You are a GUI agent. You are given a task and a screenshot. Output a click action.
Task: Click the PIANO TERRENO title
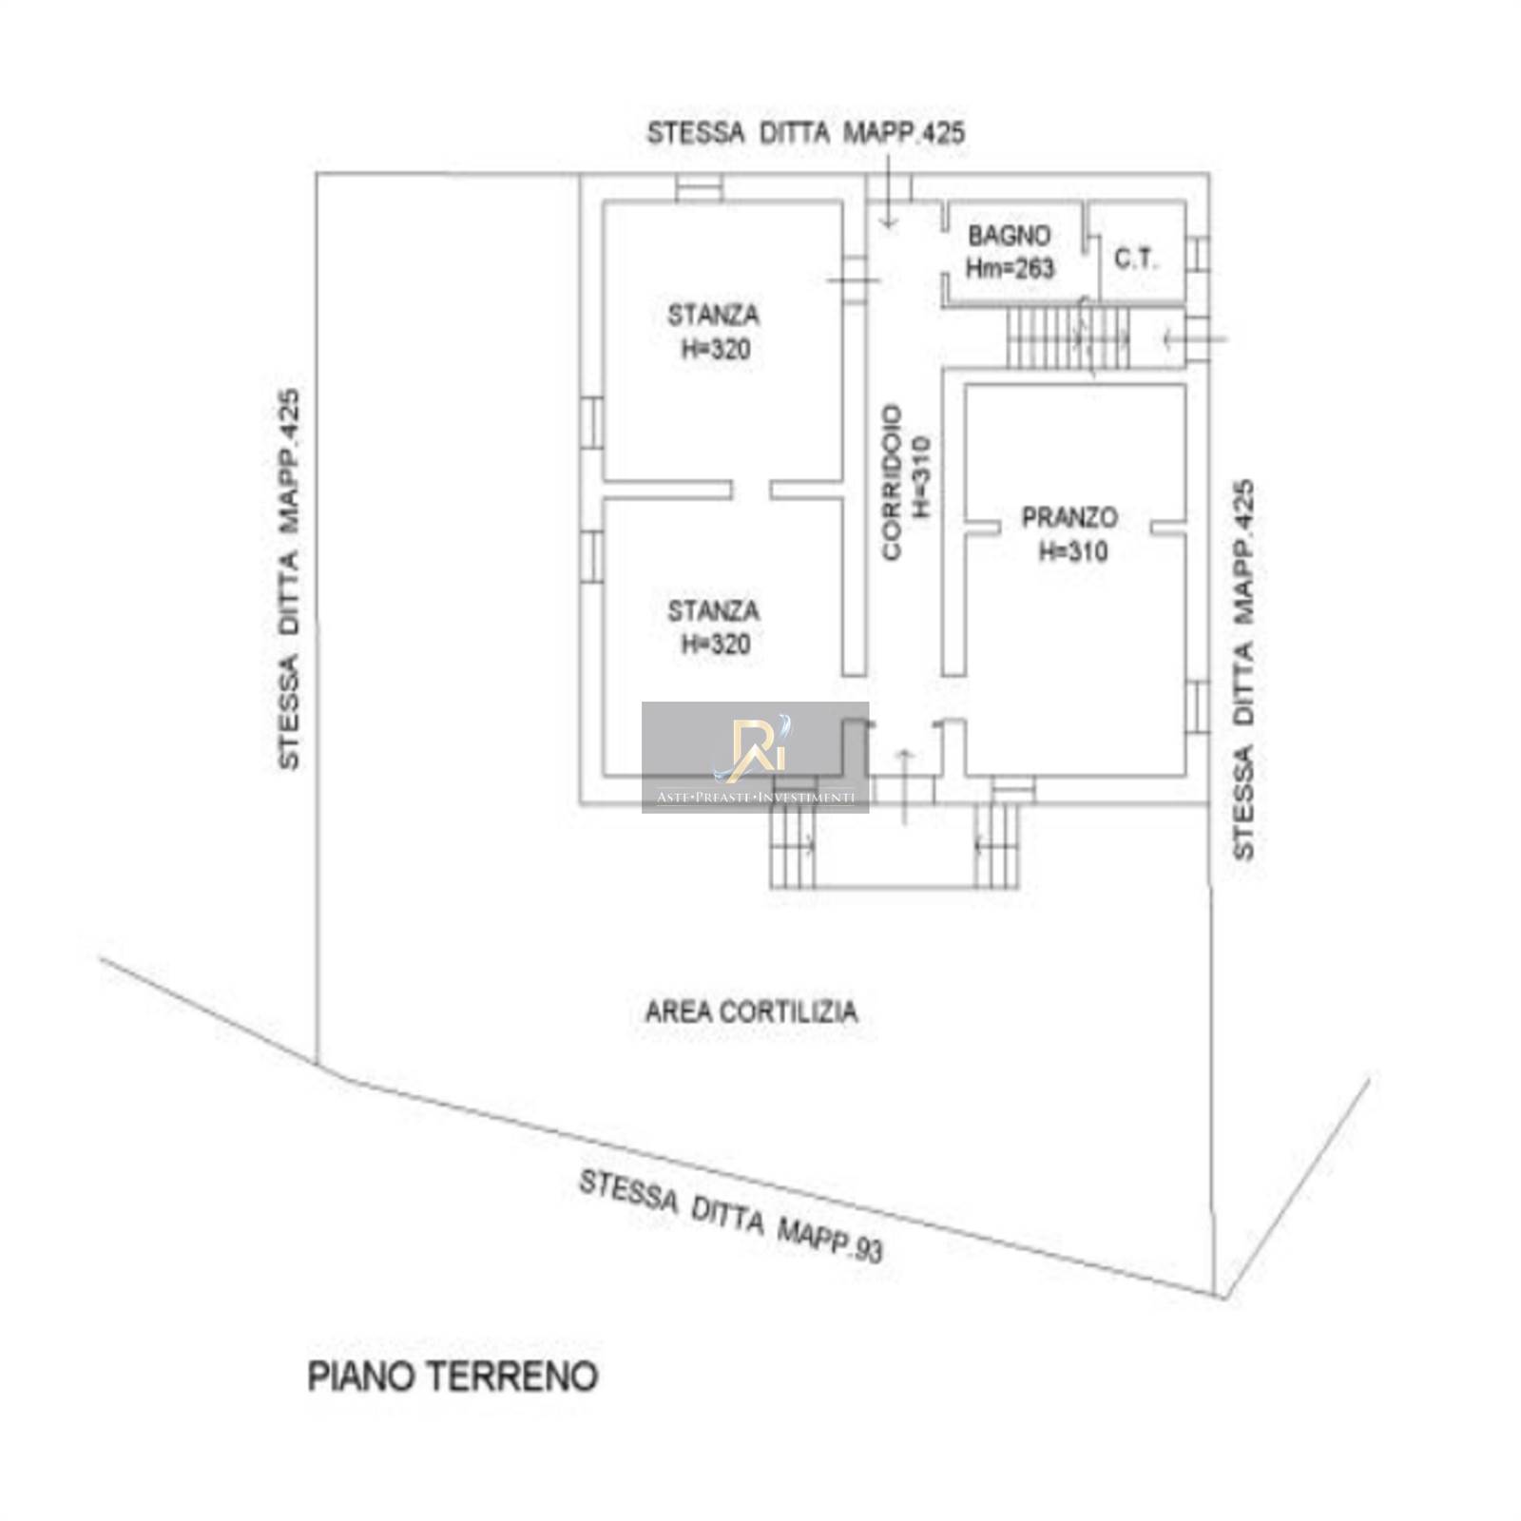[x=452, y=1377]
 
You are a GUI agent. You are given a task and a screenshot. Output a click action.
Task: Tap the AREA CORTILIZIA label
[x=751, y=1011]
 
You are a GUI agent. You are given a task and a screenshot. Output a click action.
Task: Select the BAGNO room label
[x=1010, y=235]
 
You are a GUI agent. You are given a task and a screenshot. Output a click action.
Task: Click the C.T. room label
[x=1137, y=259]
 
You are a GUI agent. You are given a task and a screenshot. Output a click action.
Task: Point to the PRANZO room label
[x=1069, y=518]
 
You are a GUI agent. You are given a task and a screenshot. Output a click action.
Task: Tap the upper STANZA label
[x=713, y=315]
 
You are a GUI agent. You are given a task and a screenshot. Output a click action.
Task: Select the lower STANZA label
[x=713, y=610]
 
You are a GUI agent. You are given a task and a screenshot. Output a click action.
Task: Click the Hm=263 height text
[x=1010, y=268]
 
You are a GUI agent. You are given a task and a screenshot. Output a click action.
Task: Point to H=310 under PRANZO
[x=1072, y=551]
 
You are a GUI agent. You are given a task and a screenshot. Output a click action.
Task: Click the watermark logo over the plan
[x=755, y=757]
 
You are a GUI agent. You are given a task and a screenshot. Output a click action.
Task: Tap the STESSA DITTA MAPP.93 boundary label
[x=731, y=1216]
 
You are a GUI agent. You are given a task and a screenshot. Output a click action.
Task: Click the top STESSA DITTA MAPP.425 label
[x=806, y=133]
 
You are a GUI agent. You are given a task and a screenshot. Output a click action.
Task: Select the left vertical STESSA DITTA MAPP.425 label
[x=289, y=579]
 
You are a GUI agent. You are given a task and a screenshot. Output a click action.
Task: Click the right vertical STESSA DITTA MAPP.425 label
[x=1243, y=669]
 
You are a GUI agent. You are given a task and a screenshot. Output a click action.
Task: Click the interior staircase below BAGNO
[x=1069, y=337]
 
